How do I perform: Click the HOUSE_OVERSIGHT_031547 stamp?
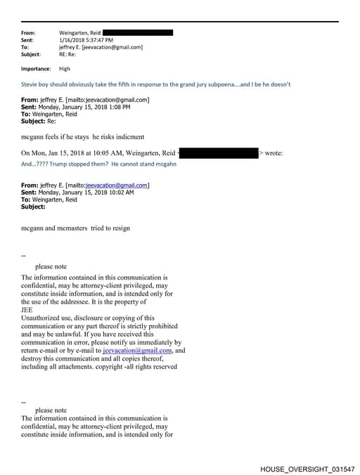tap(307, 468)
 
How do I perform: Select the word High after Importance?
tap(65, 69)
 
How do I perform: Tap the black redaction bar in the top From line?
tap(138, 32)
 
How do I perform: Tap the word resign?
tap(120, 228)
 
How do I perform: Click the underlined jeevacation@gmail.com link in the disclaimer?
tap(137, 350)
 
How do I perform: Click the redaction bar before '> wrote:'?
tap(219, 152)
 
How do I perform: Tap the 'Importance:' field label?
tap(36, 69)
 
